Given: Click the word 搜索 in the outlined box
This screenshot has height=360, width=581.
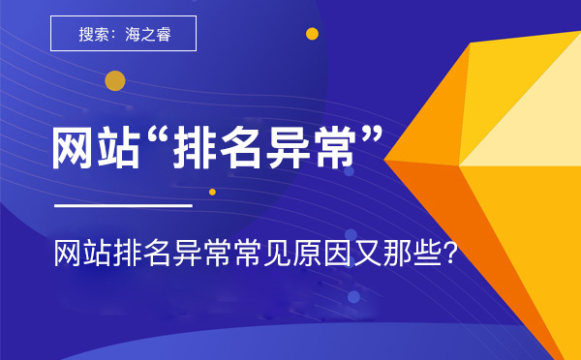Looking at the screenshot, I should coord(94,35).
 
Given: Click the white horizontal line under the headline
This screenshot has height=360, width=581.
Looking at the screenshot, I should coord(123,205).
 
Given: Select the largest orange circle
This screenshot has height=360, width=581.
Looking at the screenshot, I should coord(115,81).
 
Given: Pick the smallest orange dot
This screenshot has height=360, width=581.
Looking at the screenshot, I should coord(212,192).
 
